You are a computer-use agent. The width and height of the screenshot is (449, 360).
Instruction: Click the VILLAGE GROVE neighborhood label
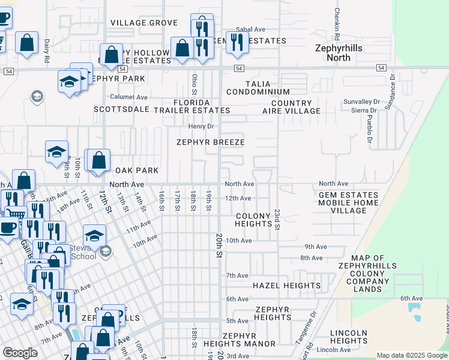(x=143, y=23)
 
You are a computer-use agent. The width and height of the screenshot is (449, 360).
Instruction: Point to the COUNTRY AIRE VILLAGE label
(x=291, y=107)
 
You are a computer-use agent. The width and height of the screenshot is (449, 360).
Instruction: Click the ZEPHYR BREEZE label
(x=210, y=142)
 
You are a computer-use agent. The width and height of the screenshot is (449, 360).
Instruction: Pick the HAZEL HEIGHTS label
(x=286, y=286)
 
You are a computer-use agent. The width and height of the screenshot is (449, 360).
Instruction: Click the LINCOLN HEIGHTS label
(x=349, y=337)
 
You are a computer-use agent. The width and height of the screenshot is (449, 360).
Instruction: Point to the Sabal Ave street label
(x=250, y=29)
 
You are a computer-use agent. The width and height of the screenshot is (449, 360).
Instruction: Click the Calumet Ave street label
(x=128, y=97)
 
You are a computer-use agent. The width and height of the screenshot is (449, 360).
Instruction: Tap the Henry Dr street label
(x=201, y=126)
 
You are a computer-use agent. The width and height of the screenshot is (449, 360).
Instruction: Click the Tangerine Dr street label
(x=313, y=324)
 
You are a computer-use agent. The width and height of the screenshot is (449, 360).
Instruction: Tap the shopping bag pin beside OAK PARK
(x=100, y=161)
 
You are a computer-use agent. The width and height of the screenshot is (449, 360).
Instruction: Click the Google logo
(x=20, y=353)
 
